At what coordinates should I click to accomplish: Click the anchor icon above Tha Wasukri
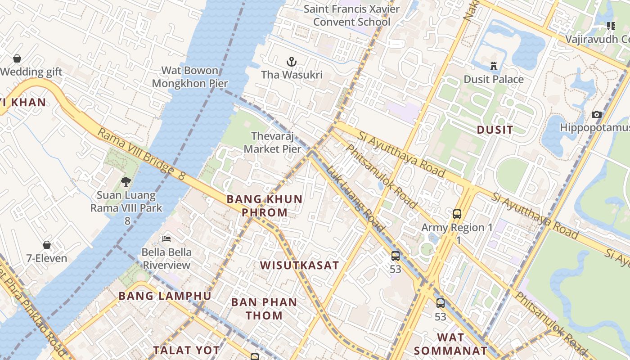click(x=292, y=61)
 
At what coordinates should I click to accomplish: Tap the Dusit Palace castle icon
click(x=494, y=66)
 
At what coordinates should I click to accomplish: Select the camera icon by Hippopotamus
click(x=597, y=115)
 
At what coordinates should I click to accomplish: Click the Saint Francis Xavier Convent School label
click(x=351, y=15)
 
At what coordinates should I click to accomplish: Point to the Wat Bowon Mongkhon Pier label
click(x=189, y=77)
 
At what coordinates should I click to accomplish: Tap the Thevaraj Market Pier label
click(x=272, y=142)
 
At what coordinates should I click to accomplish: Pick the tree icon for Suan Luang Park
click(x=126, y=182)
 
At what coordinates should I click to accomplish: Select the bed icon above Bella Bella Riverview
click(x=166, y=238)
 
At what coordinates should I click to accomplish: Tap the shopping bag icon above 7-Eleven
click(x=47, y=245)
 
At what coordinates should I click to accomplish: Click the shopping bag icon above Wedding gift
click(x=17, y=58)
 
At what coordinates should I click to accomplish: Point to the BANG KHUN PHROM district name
click(x=265, y=206)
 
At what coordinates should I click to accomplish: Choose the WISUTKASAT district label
click(x=299, y=265)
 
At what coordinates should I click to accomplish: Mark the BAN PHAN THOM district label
click(x=264, y=309)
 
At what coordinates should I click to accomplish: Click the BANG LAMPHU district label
click(x=165, y=296)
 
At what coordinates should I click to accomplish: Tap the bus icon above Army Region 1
click(x=457, y=214)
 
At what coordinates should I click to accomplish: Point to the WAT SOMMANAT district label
click(x=450, y=344)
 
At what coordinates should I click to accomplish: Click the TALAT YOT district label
click(x=186, y=350)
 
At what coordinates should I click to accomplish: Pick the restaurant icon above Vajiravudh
click(x=611, y=26)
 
